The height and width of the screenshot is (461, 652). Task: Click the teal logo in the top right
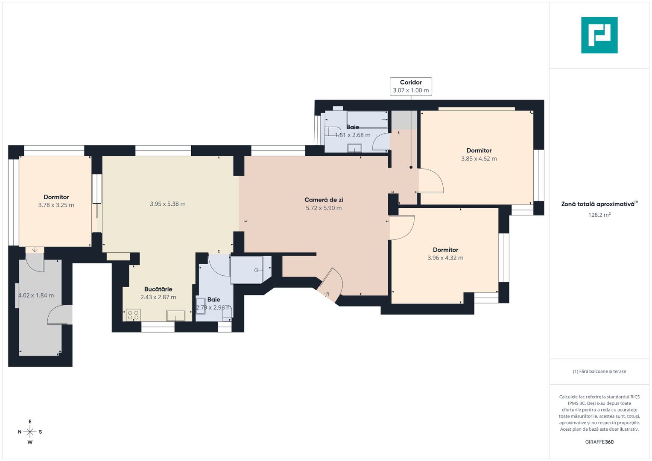(599, 35)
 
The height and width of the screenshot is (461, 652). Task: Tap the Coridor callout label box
(411, 86)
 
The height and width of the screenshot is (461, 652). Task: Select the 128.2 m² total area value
(599, 215)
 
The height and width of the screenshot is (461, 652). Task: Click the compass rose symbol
(30, 432)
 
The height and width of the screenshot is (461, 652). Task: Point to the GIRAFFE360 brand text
(599, 442)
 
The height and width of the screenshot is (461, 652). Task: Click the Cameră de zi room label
(324, 200)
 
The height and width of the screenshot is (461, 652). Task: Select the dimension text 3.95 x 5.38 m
(167, 204)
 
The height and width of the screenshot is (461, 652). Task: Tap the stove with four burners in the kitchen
(133, 315)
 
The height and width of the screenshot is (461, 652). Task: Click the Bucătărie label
(158, 289)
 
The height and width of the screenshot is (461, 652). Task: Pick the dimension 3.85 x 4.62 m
(479, 159)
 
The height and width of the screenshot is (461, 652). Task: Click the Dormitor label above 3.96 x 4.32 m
(445, 250)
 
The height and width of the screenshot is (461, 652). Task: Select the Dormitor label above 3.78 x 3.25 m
(56, 197)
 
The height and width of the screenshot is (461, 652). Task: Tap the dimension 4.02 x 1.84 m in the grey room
(36, 295)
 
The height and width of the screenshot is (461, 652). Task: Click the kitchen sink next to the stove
(175, 315)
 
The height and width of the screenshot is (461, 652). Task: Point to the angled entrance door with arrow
(330, 286)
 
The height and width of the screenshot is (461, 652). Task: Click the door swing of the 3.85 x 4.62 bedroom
(431, 181)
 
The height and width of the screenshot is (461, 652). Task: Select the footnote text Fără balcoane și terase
(599, 371)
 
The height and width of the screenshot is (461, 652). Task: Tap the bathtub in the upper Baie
(367, 119)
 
